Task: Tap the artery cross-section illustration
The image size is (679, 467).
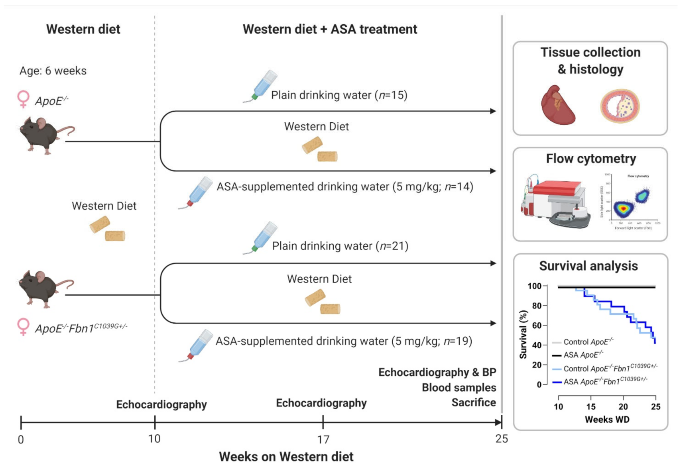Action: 620,106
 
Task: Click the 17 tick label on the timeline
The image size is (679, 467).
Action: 323,440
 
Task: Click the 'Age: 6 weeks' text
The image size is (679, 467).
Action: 53,71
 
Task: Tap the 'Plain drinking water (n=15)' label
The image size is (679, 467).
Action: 339,95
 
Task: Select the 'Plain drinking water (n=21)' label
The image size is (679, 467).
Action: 340,246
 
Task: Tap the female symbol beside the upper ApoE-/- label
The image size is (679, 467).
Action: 24,99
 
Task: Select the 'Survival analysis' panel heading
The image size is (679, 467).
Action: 588,266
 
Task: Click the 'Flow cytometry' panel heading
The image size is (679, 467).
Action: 591,159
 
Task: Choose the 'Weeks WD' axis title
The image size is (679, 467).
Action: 607,420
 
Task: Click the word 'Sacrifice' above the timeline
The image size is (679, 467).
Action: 473,403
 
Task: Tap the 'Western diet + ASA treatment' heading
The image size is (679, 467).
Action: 330,29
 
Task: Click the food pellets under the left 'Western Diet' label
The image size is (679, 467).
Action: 107,229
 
